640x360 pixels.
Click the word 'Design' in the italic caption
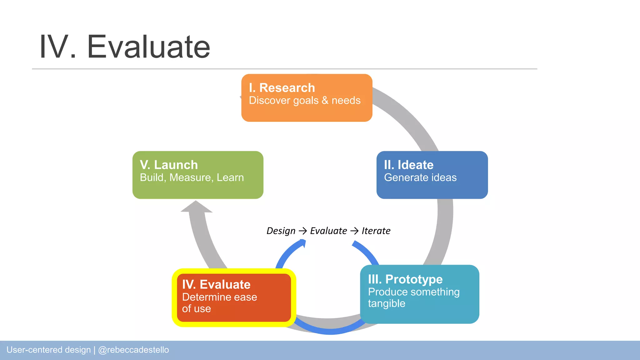click(x=281, y=231)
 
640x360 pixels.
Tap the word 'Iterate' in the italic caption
click(x=376, y=231)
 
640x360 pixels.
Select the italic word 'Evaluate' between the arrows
click(x=328, y=231)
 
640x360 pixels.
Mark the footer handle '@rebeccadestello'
click(x=133, y=350)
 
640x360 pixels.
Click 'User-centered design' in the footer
click(x=48, y=350)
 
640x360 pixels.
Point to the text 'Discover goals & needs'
click(x=304, y=101)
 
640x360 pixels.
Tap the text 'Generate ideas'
click(x=420, y=177)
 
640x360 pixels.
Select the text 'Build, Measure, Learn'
click(x=192, y=177)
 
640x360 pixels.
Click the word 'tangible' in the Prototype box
click(x=386, y=303)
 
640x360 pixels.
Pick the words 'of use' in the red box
click(x=196, y=309)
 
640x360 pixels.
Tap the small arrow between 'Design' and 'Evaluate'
click(x=302, y=231)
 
